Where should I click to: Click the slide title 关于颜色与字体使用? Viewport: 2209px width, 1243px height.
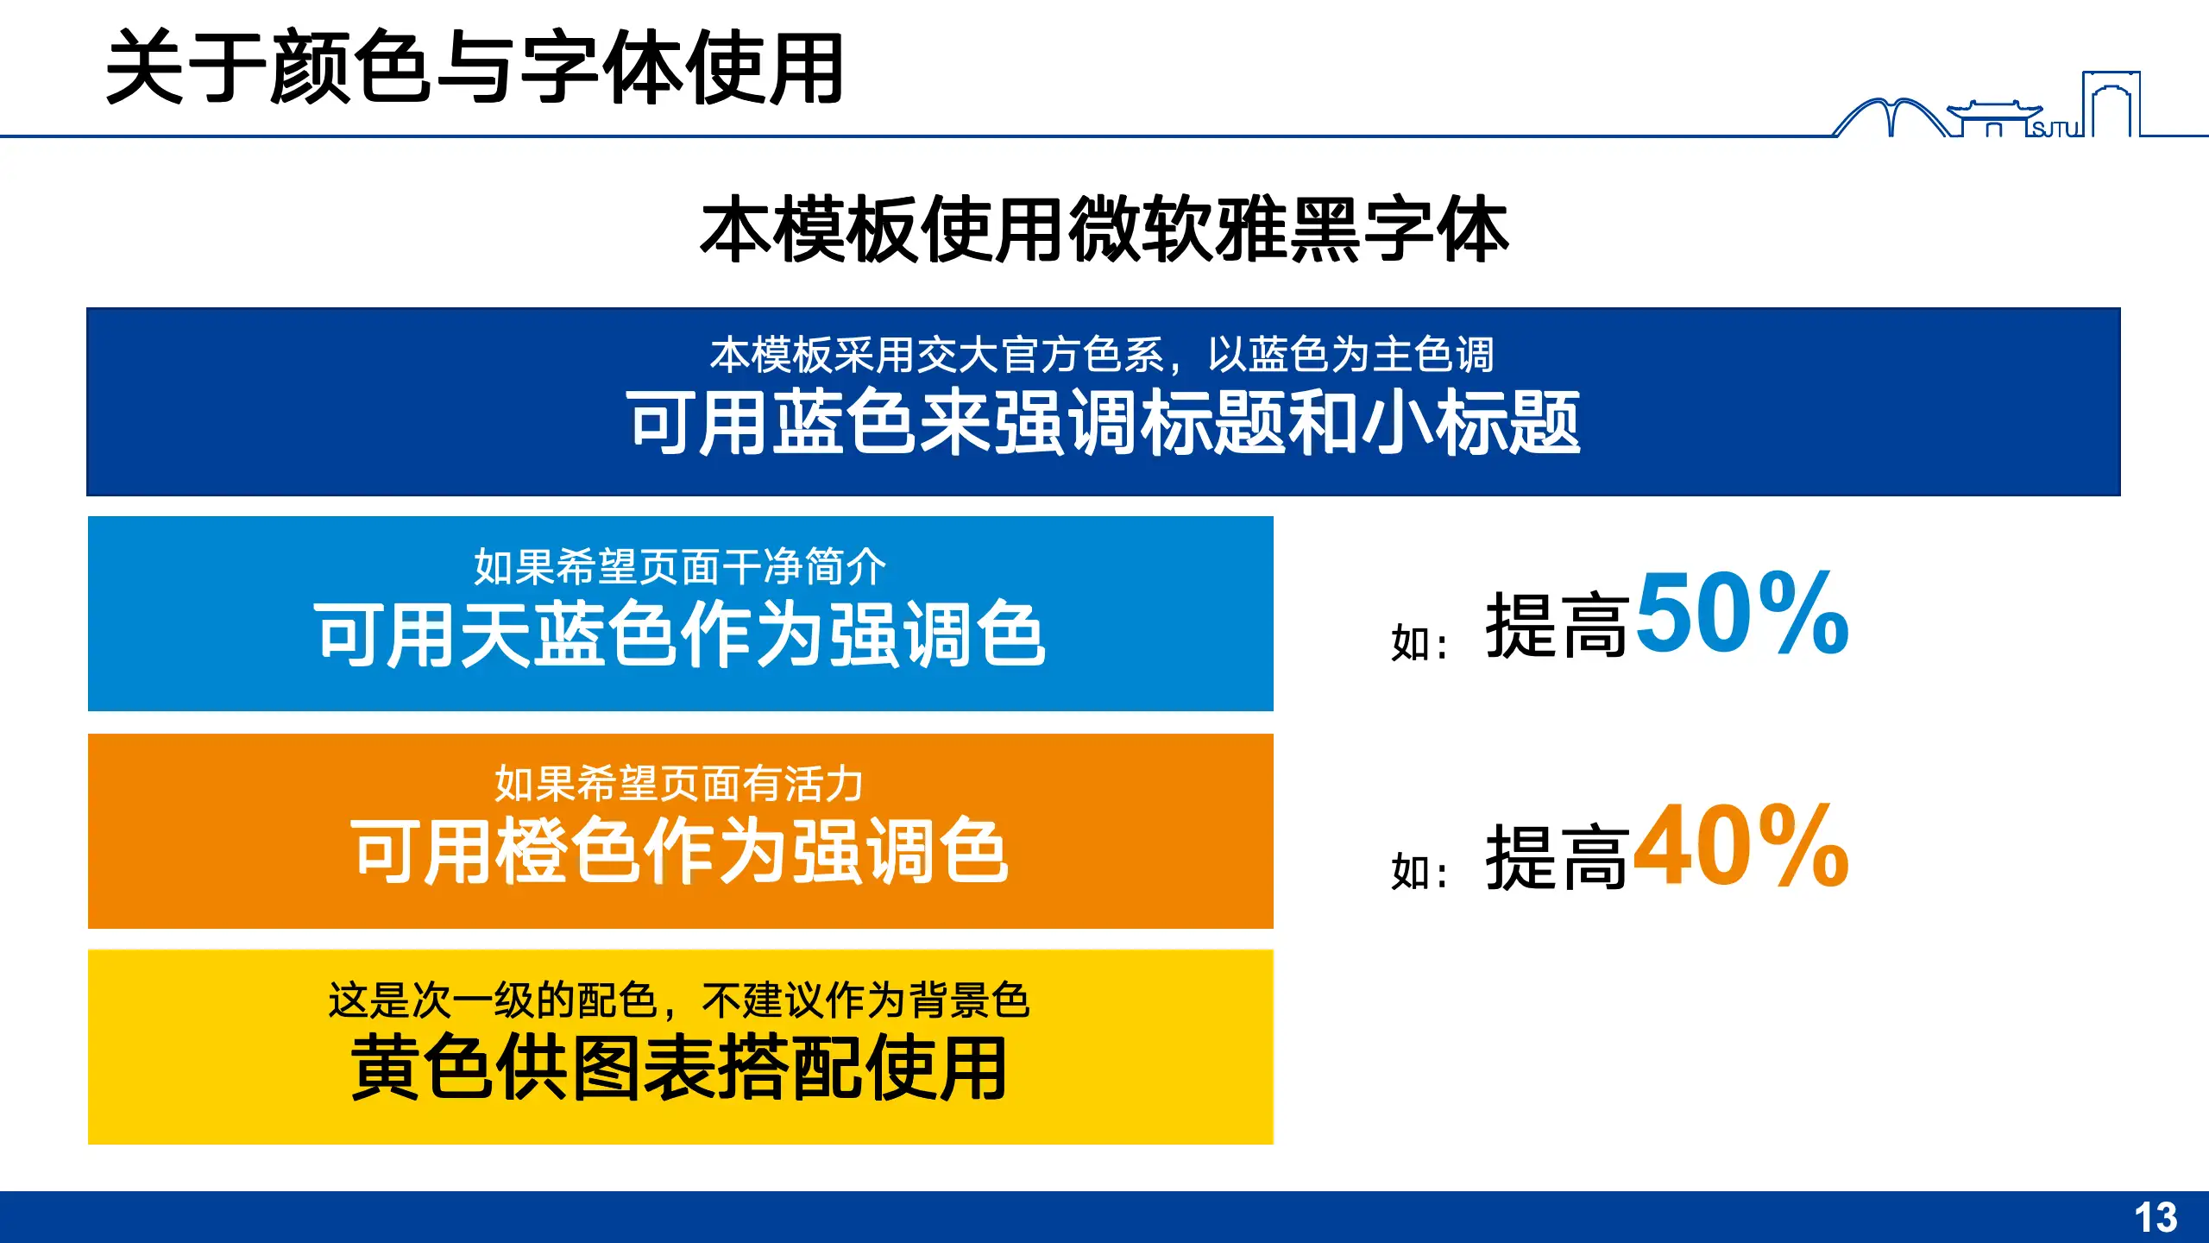[474, 67]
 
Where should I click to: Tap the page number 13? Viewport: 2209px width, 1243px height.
[2156, 1218]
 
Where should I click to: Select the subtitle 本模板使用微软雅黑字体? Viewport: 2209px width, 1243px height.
[1104, 229]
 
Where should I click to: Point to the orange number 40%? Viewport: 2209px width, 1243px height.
[1741, 846]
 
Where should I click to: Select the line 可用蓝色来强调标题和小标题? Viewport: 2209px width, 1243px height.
[1104, 422]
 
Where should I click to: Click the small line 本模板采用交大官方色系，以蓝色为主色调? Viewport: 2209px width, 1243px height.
[1102, 355]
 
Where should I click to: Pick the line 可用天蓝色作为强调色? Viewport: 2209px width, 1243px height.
[680, 634]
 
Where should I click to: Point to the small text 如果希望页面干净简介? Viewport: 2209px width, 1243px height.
[680, 567]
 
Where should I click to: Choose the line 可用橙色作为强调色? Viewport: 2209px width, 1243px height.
[680, 851]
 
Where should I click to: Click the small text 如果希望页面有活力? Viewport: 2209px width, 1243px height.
[680, 784]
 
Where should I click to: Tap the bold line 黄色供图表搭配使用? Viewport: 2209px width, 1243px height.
[680, 1068]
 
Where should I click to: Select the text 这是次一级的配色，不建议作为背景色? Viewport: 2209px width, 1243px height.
[680, 1000]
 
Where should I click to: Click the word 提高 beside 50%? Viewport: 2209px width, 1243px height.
[1556, 627]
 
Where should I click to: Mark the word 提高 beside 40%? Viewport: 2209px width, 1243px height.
[1556, 858]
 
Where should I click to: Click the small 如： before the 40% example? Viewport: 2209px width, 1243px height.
[1419, 872]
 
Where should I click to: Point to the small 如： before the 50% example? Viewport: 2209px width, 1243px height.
[1419, 643]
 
